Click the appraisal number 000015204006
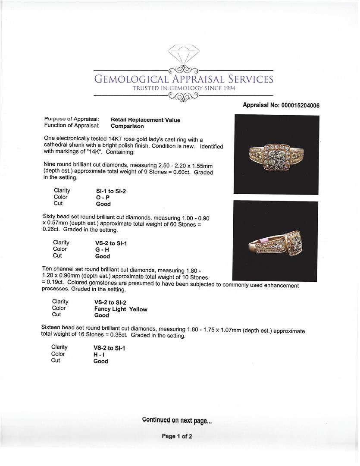coord(300,105)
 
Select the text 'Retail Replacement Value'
coord(145,120)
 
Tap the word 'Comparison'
coord(127,126)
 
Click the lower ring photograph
coord(275,241)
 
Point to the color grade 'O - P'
coord(103,198)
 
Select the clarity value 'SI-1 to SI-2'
coord(111,191)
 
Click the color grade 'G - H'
coord(102,249)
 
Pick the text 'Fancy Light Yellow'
coord(121,309)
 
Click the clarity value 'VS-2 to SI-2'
coord(110,302)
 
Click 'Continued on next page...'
coord(177,420)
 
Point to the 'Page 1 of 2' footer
coord(177,436)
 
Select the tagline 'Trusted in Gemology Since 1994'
coord(183,88)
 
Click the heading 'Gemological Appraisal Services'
coord(183,79)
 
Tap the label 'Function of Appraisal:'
coord(72,126)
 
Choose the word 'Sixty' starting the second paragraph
coord(50,218)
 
